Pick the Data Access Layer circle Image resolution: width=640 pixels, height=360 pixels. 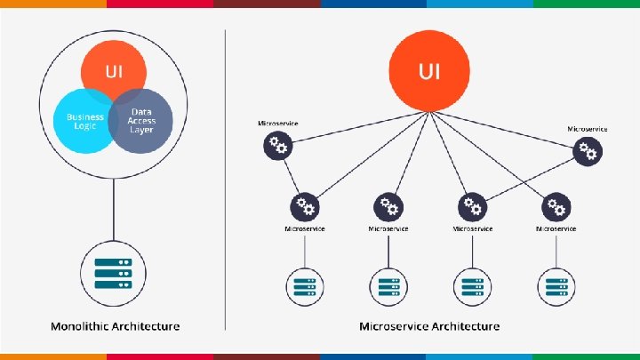142,122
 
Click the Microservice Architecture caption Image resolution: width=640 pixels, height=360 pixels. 429,326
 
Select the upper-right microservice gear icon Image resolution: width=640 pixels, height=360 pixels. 588,152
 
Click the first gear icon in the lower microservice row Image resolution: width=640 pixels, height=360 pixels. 305,207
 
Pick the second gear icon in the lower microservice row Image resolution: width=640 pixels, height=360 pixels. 388,207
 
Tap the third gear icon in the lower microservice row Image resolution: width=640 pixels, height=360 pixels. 473,207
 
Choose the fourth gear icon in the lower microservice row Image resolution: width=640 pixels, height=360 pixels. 556,207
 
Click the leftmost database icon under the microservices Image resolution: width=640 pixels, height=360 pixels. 305,287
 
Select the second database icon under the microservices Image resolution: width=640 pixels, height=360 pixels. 388,287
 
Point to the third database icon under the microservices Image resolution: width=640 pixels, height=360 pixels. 473,287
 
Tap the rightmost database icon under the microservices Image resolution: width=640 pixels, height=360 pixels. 556,287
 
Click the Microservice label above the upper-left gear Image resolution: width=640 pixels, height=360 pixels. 278,122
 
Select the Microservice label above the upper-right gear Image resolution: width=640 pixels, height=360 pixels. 588,129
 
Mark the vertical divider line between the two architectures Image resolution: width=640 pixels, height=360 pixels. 225,178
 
